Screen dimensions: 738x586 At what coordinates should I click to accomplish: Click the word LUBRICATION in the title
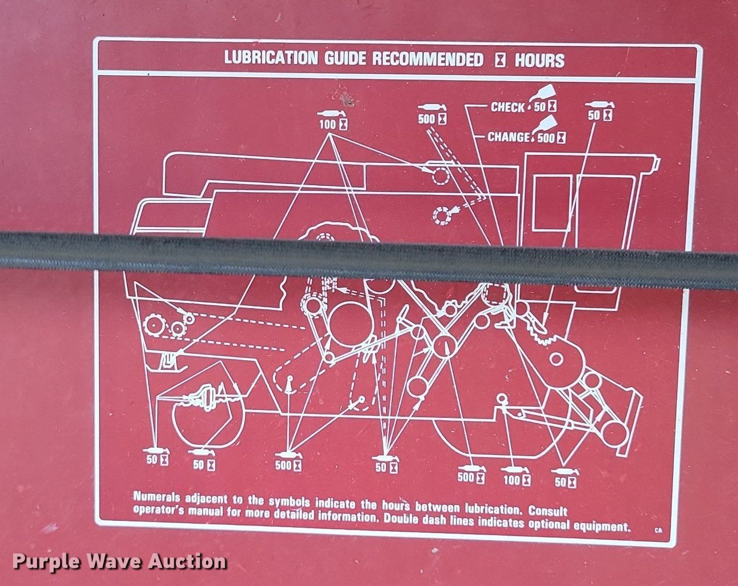[271, 58]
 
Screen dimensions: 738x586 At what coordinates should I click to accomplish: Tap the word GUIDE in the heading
[346, 59]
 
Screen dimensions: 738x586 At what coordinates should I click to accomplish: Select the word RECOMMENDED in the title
[428, 59]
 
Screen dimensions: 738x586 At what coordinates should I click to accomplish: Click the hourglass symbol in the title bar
[500, 61]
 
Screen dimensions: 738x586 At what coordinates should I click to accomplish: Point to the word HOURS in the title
[539, 61]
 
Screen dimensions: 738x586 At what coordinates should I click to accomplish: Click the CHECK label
[507, 107]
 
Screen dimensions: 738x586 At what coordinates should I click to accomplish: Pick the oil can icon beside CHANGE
[545, 124]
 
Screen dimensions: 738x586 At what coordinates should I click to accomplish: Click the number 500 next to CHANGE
[546, 138]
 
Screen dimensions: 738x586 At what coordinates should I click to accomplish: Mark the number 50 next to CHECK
[539, 107]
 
